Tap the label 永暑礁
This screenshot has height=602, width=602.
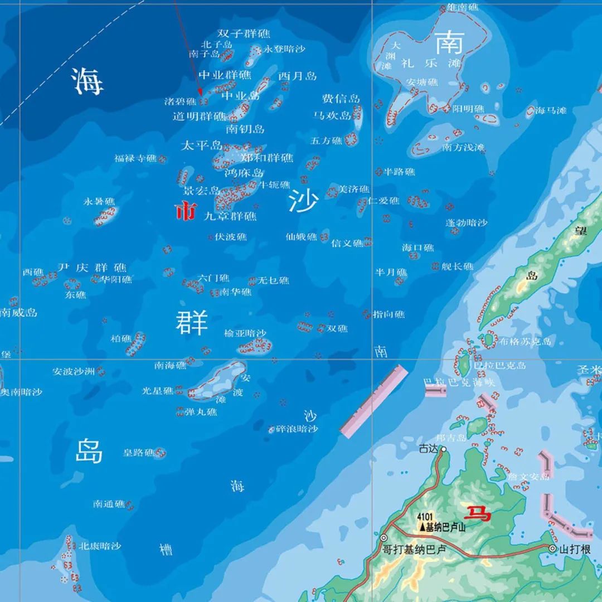[x=99, y=201]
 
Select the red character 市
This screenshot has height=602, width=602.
[x=186, y=211]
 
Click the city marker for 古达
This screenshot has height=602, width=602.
[x=444, y=449]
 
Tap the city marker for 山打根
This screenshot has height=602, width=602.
[x=552, y=549]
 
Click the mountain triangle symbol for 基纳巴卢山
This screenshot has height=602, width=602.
[x=422, y=527]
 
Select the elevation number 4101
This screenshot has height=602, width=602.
[x=425, y=517]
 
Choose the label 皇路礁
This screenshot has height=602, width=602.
[x=138, y=453]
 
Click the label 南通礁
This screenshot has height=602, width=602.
[x=109, y=504]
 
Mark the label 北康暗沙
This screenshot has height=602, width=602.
[x=99, y=546]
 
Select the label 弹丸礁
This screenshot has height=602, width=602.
[x=201, y=412]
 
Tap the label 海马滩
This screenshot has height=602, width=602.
[x=550, y=111]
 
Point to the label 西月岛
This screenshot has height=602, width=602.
[x=297, y=76]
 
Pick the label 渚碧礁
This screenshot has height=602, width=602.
[x=180, y=101]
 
